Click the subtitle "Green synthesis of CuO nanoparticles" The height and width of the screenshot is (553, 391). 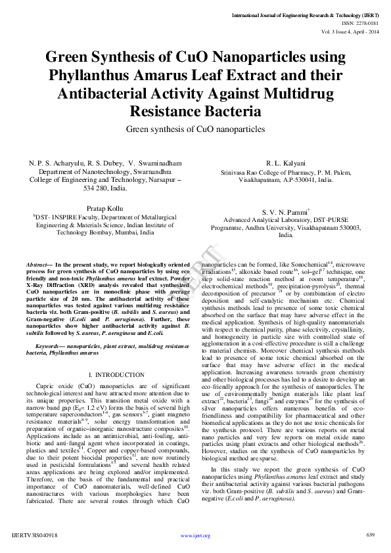pyautogui.click(x=195, y=129)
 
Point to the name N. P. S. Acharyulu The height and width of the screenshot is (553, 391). pyautogui.click(x=49, y=162)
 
